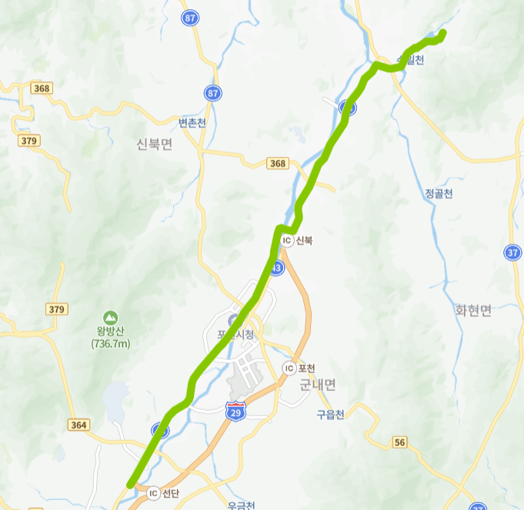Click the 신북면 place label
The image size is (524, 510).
click(x=154, y=144)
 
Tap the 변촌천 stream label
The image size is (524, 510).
click(x=192, y=122)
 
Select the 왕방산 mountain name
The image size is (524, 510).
click(x=110, y=332)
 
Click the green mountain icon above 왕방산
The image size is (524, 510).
click(x=110, y=317)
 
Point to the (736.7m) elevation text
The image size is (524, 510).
click(x=110, y=343)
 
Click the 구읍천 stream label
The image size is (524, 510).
click(x=331, y=415)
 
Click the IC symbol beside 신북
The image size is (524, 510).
click(x=287, y=241)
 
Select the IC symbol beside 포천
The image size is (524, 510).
click(x=289, y=368)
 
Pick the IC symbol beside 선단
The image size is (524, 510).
click(x=153, y=493)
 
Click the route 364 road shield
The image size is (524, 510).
click(x=78, y=425)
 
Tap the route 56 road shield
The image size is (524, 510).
click(x=399, y=442)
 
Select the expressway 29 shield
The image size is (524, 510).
click(x=236, y=411)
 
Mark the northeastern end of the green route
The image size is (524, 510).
click(x=443, y=32)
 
